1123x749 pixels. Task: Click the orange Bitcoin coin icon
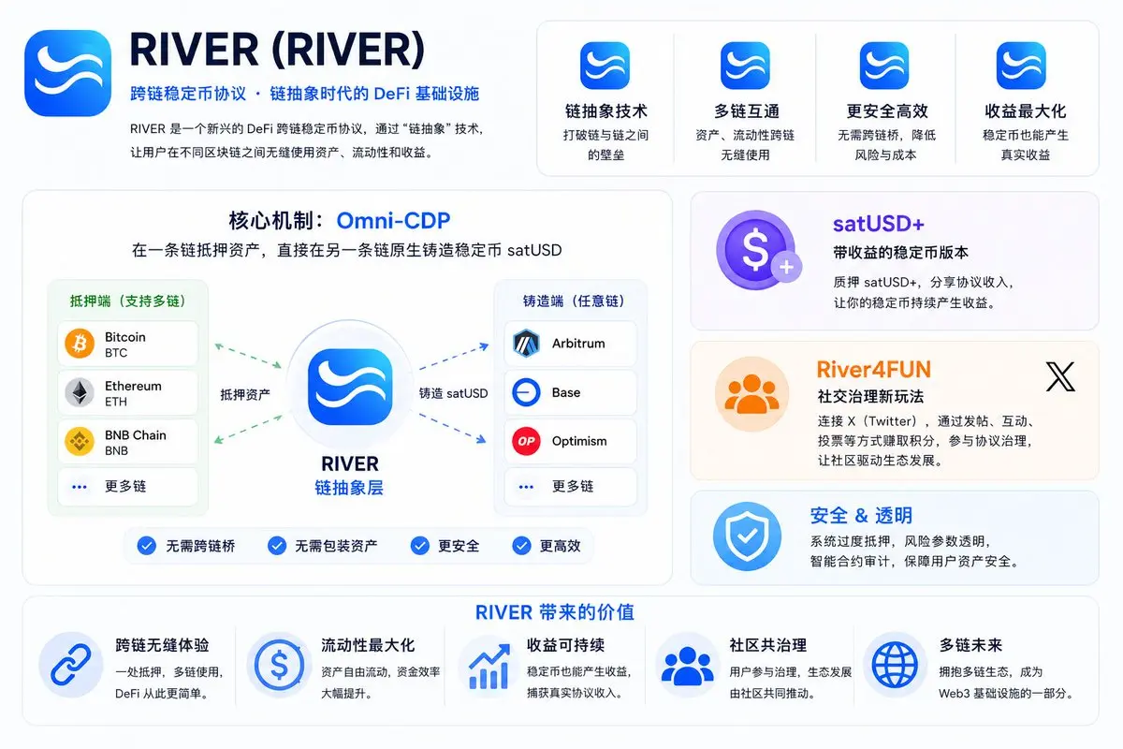80,344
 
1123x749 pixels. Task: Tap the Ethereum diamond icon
80,392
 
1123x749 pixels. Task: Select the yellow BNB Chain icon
80,442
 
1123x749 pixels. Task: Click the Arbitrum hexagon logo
526,344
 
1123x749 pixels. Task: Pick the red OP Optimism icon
526,442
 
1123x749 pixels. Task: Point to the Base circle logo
526,392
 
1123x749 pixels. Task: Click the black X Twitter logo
1060,376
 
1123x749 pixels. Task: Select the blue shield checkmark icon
747,536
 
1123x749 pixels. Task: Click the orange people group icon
752,394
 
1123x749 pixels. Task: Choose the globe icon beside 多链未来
895,666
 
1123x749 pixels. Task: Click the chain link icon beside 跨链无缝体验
71,666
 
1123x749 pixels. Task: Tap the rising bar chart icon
489,667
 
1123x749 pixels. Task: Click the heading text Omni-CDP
393,221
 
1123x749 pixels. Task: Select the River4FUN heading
873,369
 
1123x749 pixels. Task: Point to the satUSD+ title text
879,224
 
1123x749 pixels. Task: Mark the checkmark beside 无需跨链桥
146,546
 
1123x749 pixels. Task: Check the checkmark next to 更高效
521,546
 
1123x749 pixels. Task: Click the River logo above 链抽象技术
605,66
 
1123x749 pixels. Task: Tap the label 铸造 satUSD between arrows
453,393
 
